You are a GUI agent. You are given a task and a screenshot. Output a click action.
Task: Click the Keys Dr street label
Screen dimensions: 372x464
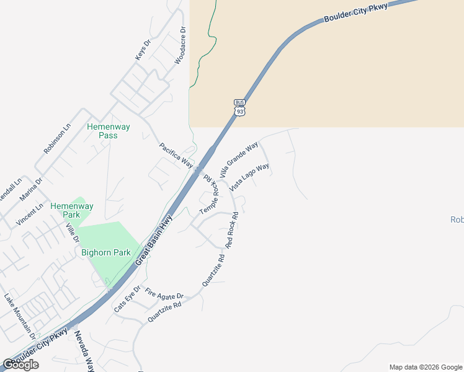coord(143,51)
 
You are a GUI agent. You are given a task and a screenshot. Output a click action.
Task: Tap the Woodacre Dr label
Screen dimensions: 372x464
coord(181,45)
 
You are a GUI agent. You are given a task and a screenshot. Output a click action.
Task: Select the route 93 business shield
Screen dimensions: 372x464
coord(240,107)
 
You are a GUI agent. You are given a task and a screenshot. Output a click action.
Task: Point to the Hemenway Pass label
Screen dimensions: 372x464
coord(109,131)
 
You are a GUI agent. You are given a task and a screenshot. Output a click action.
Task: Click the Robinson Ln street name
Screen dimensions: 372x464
coord(57,138)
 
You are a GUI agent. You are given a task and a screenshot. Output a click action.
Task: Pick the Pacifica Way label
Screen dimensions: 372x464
coord(176,155)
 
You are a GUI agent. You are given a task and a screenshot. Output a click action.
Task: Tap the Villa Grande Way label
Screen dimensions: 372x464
coord(239,160)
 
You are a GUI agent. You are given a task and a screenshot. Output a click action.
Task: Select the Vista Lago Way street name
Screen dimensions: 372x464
coord(249,177)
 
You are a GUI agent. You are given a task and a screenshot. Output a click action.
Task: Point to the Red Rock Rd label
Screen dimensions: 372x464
coord(233,231)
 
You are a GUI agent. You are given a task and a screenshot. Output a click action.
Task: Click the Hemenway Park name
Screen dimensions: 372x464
coord(72,210)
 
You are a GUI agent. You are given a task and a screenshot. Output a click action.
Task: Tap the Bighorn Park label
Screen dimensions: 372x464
coord(106,252)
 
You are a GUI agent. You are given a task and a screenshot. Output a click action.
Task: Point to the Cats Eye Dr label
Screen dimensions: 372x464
coord(127,299)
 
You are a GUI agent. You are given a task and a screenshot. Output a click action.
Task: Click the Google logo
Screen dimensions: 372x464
coord(20,365)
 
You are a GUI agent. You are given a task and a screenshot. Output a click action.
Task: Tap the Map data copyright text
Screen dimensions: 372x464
coord(425,367)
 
